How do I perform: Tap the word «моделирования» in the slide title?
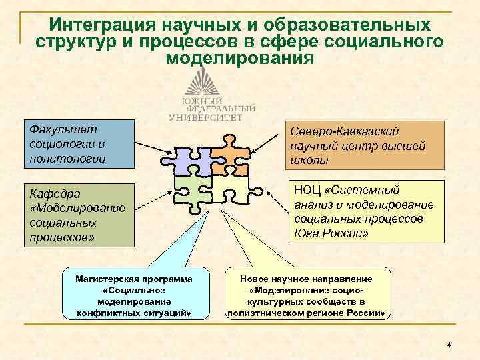tap(239, 59)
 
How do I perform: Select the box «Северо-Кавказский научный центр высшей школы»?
tap(365, 145)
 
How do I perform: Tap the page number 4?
tap(449, 345)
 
